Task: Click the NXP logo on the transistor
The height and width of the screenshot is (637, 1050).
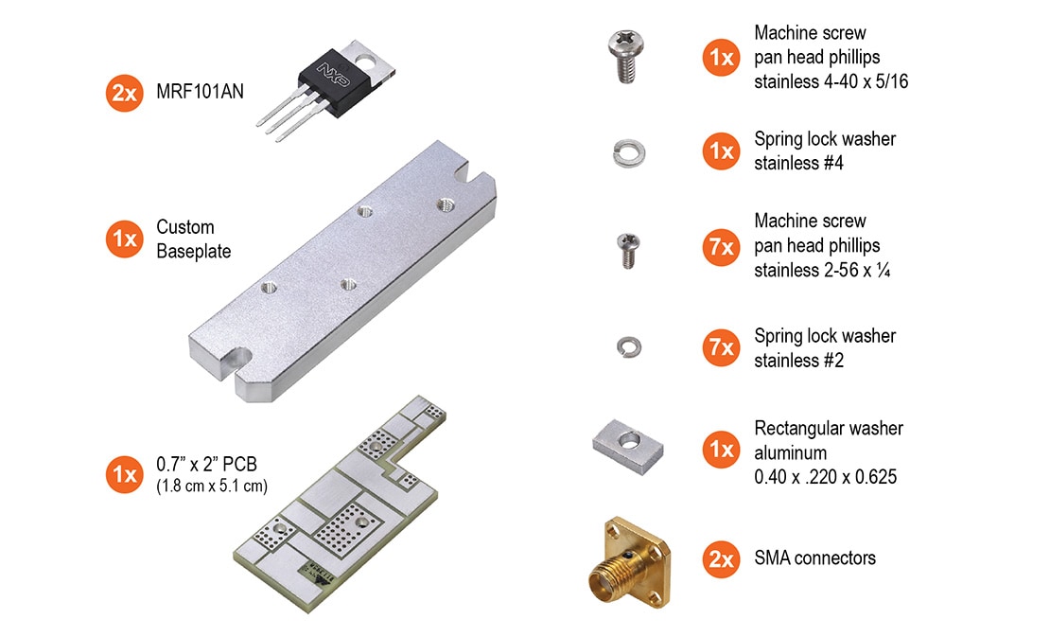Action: coord(334,75)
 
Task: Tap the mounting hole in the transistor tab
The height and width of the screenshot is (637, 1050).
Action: coord(365,63)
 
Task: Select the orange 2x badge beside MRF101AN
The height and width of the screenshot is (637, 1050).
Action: coord(125,93)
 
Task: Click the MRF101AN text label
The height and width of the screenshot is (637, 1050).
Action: coord(200,92)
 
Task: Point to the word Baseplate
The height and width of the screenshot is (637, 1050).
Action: coord(194,251)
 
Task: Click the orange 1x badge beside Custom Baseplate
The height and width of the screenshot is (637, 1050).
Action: coord(125,239)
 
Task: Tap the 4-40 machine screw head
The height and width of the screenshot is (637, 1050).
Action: coord(625,45)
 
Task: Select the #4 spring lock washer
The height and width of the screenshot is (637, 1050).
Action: coord(629,153)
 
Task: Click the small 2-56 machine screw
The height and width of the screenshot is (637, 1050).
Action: coord(628,250)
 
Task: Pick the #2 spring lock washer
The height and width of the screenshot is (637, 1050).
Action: coord(629,347)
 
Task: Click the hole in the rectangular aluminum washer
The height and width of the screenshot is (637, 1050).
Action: coord(629,440)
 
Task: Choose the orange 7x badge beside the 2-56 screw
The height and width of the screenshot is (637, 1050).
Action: coord(721,247)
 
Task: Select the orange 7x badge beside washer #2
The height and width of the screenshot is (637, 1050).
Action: coord(721,347)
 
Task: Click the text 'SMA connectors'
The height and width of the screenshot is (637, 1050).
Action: coord(815,557)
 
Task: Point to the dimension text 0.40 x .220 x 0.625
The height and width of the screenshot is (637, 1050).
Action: coord(825,477)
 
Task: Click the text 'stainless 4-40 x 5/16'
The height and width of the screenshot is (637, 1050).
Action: coord(831,81)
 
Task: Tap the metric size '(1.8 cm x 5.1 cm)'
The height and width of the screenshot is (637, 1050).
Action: coord(212,486)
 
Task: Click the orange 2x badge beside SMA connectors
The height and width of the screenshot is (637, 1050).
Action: coord(721,558)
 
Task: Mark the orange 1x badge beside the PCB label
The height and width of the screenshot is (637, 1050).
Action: coord(125,474)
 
